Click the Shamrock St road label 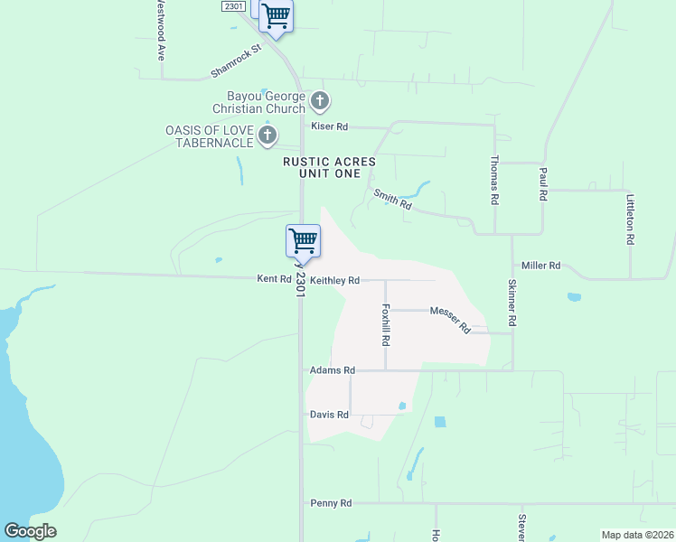pos(235,60)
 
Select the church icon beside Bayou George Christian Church pos(319,100)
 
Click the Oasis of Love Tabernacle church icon pos(267,135)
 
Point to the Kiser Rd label pos(329,126)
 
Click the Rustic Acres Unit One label pos(328,167)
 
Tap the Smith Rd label pos(393,200)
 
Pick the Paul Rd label pos(543,182)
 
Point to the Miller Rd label pos(541,266)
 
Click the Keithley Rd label pos(335,281)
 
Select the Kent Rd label pos(274,279)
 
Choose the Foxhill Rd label pos(386,325)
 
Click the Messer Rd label pos(450,319)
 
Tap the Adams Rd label pos(333,370)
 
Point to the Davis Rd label pos(329,415)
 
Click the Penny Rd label pos(330,503)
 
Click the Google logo pos(30,531)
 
